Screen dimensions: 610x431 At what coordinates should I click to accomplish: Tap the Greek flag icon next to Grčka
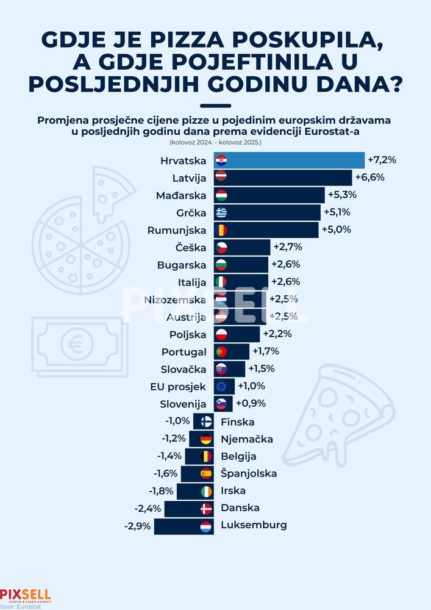tap(221, 212)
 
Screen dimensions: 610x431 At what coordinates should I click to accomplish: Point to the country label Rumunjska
tap(179, 230)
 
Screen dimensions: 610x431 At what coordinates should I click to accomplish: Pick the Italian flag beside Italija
tap(221, 282)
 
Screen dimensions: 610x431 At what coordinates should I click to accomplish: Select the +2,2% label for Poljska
tap(277, 334)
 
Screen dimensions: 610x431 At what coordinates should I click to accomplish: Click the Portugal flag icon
tap(221, 351)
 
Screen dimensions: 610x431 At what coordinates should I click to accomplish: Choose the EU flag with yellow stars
tap(221, 386)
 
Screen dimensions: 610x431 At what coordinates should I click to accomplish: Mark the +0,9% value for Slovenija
tap(251, 403)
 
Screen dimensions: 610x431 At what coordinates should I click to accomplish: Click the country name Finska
tap(238, 422)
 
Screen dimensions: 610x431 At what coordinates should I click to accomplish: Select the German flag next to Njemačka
tap(206, 439)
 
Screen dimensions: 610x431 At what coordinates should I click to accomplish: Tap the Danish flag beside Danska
tap(206, 508)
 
